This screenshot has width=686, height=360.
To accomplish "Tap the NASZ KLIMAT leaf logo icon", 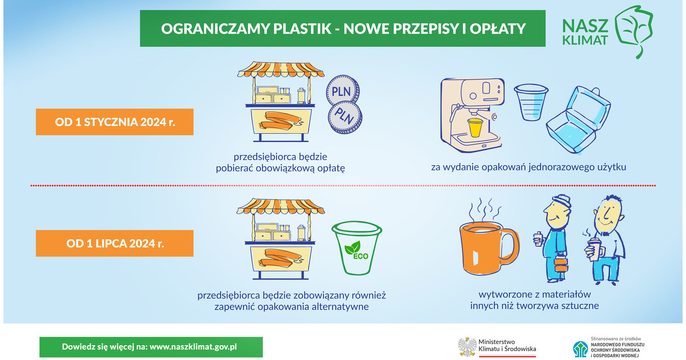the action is [634, 31].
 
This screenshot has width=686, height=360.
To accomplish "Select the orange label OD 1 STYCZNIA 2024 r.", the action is [114, 122].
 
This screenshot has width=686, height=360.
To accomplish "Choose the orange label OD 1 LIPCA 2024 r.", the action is [114, 243].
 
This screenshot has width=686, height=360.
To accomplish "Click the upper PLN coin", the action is [342, 91].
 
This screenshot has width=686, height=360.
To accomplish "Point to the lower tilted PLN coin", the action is [345, 118].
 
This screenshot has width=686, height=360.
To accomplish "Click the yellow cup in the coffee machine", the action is [475, 127].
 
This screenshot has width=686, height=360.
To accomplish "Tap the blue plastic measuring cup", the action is [531, 102].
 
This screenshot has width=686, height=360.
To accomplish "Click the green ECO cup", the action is [357, 248].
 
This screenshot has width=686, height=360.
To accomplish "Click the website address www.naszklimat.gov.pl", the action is [193, 347].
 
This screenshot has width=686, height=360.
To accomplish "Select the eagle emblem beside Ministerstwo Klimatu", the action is [467, 347].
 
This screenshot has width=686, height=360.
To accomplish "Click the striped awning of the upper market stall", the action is [281, 70].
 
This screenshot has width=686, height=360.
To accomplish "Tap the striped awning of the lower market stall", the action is [281, 206].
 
